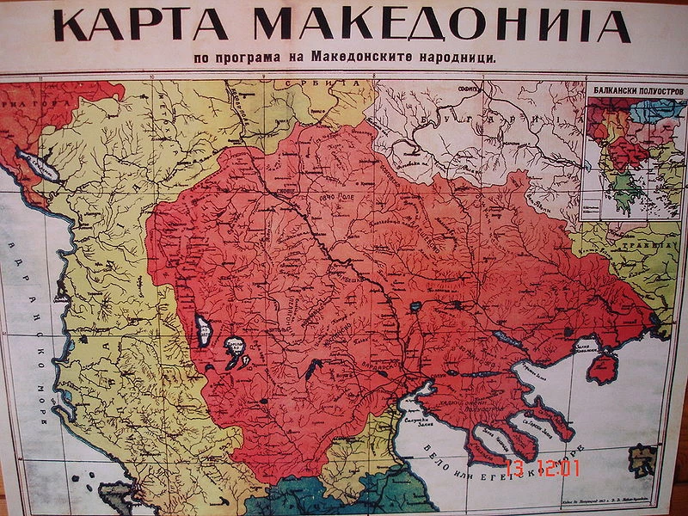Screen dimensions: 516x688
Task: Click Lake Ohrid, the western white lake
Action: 206,327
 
